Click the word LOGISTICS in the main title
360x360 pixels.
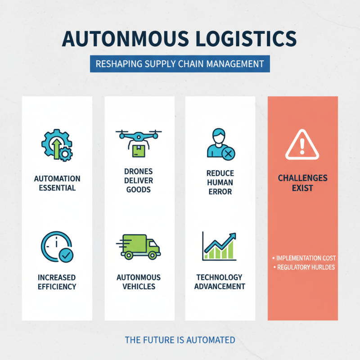pyautogui.click(x=236, y=39)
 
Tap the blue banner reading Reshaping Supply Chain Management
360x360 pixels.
pyautogui.click(x=180, y=64)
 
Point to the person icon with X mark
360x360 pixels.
pyautogui.click(x=219, y=144)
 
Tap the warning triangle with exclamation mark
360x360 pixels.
pyautogui.click(x=302, y=145)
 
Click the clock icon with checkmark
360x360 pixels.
pyautogui.click(x=57, y=247)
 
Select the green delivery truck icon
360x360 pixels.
pyautogui.click(x=140, y=247)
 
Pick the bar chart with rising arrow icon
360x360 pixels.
pyautogui.click(x=219, y=247)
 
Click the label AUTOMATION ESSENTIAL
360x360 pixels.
pyautogui.click(x=57, y=183)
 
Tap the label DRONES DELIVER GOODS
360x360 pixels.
pyautogui.click(x=139, y=180)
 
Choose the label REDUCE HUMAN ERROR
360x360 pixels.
pyautogui.click(x=220, y=182)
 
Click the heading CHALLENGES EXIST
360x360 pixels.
pyautogui.click(x=302, y=183)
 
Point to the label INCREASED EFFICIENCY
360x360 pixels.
pyautogui.click(x=57, y=282)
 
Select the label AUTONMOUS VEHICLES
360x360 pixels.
pyautogui.click(x=139, y=282)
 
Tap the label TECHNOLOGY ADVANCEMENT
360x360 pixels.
pyautogui.click(x=220, y=282)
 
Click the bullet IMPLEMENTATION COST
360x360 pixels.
pyautogui.click(x=305, y=258)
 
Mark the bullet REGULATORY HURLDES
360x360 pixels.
pyautogui.click(x=305, y=267)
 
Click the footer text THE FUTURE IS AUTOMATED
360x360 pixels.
pyautogui.click(x=180, y=340)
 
